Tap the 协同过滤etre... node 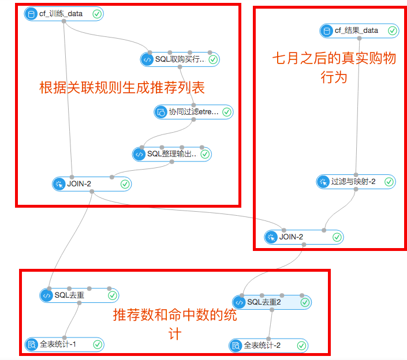pyautogui.click(x=193, y=112)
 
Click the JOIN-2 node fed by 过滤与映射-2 pyautogui.click(x=304, y=237)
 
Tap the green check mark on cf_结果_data pyautogui.click(x=393, y=31)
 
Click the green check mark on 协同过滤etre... pyautogui.click(x=227, y=112)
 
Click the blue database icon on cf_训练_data pyautogui.click(x=31, y=14)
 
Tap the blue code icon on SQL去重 pyautogui.click(x=46, y=295)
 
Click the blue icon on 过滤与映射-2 pyautogui.click(x=323, y=182)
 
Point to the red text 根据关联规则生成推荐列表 pyautogui.click(x=122, y=87)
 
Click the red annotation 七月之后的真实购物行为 pyautogui.click(x=334, y=67)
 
